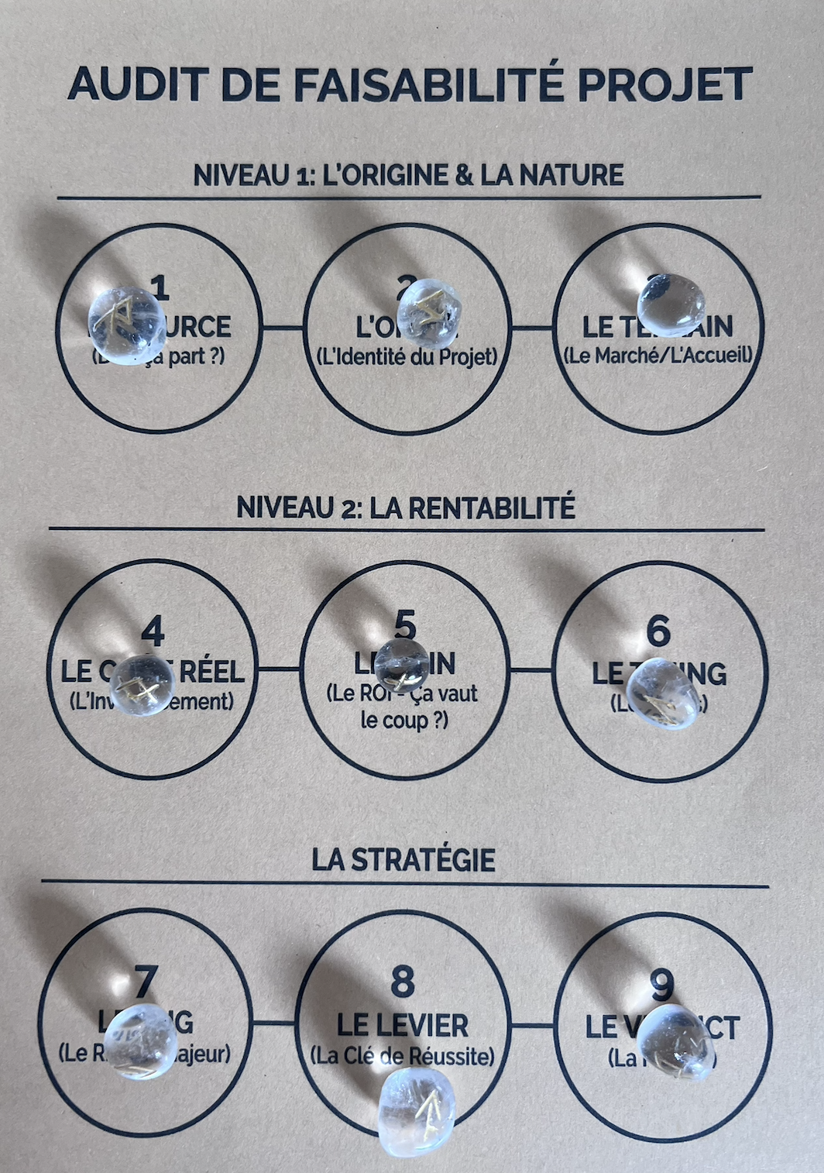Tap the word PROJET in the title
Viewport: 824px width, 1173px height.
point(665,84)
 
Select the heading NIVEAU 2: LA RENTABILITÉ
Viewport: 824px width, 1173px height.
point(406,508)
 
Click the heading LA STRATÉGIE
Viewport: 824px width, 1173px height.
point(403,860)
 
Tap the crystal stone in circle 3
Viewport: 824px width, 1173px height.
point(671,305)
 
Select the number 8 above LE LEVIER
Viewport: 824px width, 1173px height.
point(403,982)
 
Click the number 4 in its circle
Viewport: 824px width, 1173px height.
point(153,632)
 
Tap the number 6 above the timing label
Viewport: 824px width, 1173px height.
point(657,631)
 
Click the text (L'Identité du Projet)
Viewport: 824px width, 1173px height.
point(407,357)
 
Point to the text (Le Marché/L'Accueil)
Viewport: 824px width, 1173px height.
point(657,356)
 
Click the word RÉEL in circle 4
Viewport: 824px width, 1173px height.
point(211,672)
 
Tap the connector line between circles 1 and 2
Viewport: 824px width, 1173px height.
point(283,328)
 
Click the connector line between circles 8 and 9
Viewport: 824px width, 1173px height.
point(533,1026)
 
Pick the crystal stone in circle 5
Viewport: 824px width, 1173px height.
point(401,664)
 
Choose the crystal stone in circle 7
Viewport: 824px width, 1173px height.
point(140,1041)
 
